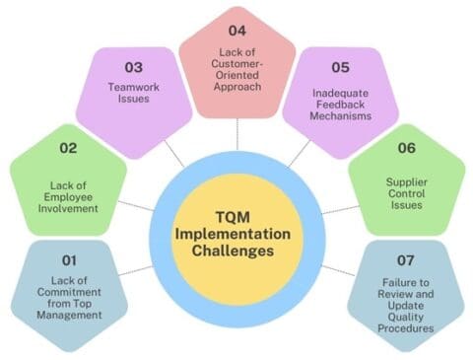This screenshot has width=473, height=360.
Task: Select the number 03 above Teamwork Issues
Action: [133, 67]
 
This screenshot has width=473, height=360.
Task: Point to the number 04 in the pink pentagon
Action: [236, 29]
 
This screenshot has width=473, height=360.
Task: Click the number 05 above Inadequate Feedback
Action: [339, 67]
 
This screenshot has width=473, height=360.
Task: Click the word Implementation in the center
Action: [236, 235]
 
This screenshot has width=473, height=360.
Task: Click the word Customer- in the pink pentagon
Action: [236, 65]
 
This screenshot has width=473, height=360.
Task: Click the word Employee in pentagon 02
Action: [71, 197]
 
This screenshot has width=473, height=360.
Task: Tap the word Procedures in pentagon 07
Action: [404, 327]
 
